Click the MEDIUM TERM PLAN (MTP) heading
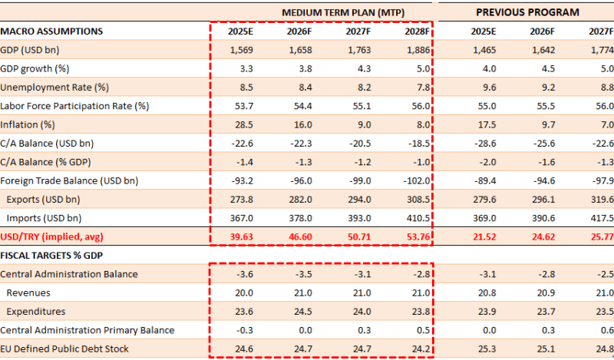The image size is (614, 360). click(x=343, y=12)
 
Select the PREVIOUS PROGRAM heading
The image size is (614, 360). click(x=527, y=12)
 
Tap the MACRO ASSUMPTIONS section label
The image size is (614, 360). click(x=52, y=31)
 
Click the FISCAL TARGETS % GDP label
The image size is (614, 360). click(x=52, y=255)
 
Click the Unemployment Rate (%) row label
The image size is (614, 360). click(x=54, y=88)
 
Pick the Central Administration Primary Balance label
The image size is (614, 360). click(x=87, y=330)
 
